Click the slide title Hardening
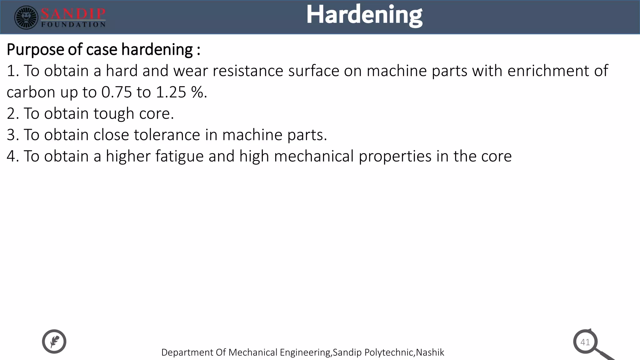364,15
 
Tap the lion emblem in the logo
26,17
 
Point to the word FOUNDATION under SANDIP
73,25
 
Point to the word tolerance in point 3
167,135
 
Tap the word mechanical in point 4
314,156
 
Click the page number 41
585,342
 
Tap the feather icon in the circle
54,341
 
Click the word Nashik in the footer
430,352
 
